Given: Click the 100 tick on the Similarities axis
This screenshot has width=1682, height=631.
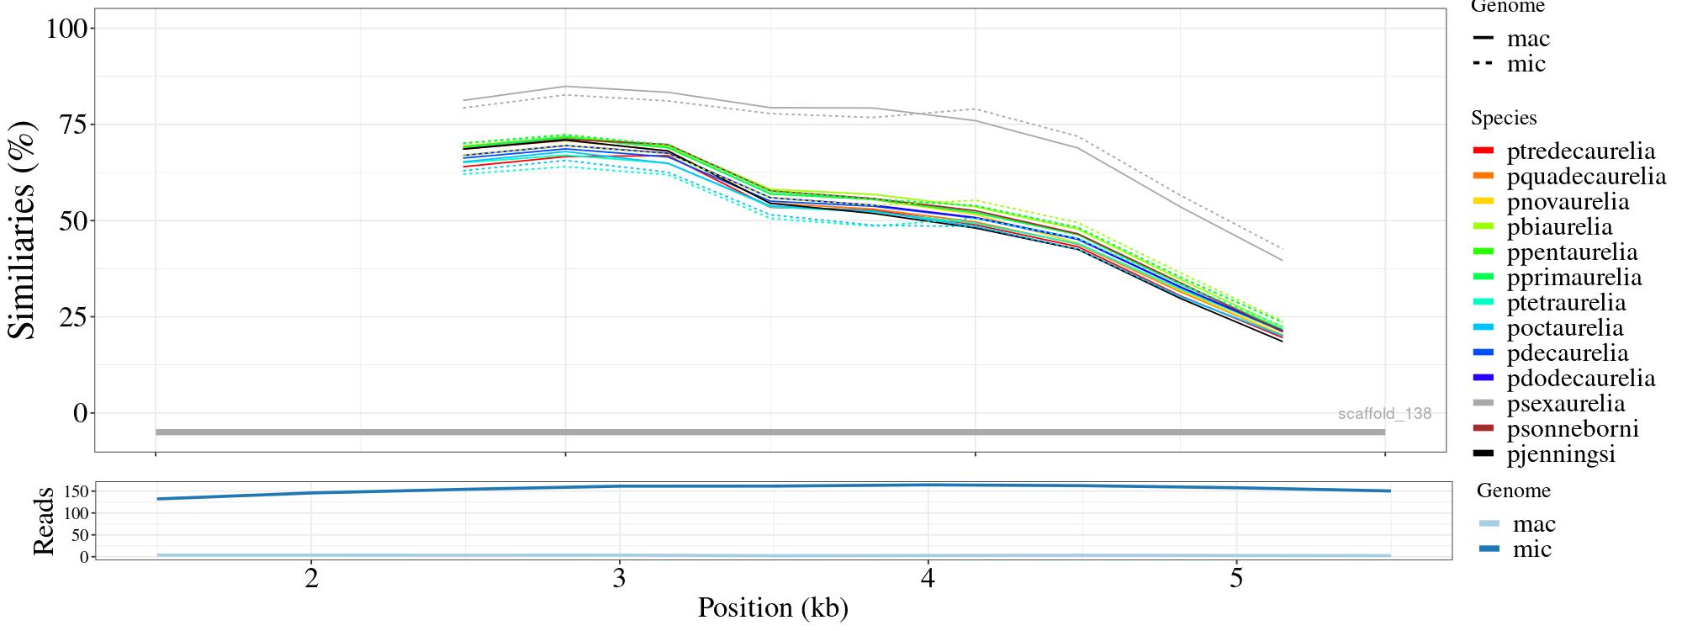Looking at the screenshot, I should coord(66,29).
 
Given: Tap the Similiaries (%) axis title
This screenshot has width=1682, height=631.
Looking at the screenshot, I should coord(24,230).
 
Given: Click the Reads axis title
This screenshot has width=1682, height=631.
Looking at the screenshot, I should coord(44,521).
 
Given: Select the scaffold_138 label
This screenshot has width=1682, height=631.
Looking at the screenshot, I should coord(1384,414).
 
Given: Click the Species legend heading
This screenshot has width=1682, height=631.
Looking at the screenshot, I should coord(1504,119).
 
